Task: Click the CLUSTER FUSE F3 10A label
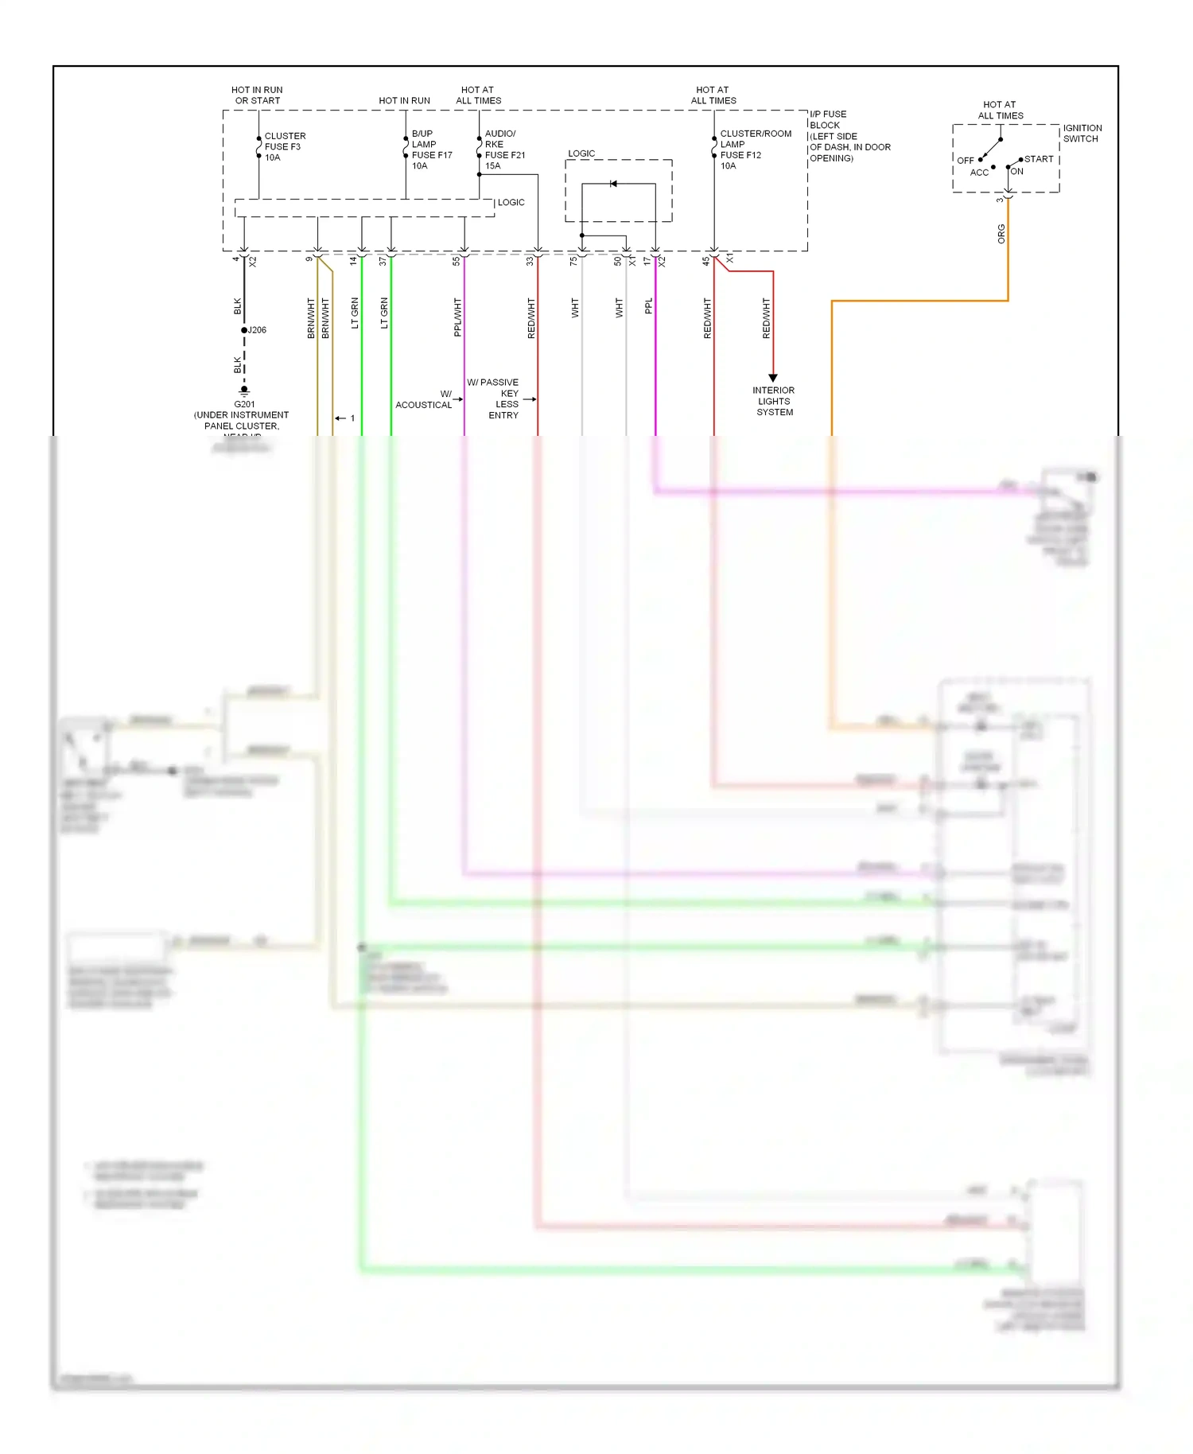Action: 284,147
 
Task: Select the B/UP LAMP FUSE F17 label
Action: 431,150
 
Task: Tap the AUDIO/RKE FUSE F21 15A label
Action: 504,150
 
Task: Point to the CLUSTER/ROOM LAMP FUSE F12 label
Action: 755,150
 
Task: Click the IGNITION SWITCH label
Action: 1082,133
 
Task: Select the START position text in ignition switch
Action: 1038,159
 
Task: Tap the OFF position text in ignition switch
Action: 965,161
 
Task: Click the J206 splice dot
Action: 244,330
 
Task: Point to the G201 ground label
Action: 244,404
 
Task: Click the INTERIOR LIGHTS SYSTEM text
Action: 773,401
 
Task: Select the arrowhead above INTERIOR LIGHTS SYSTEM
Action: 772,379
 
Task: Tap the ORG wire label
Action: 1001,234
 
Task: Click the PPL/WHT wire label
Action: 457,317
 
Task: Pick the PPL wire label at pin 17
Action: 648,306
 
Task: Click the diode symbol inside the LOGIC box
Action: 613,184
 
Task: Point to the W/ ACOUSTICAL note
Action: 425,399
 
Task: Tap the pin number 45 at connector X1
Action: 705,261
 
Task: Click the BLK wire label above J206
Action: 237,306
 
